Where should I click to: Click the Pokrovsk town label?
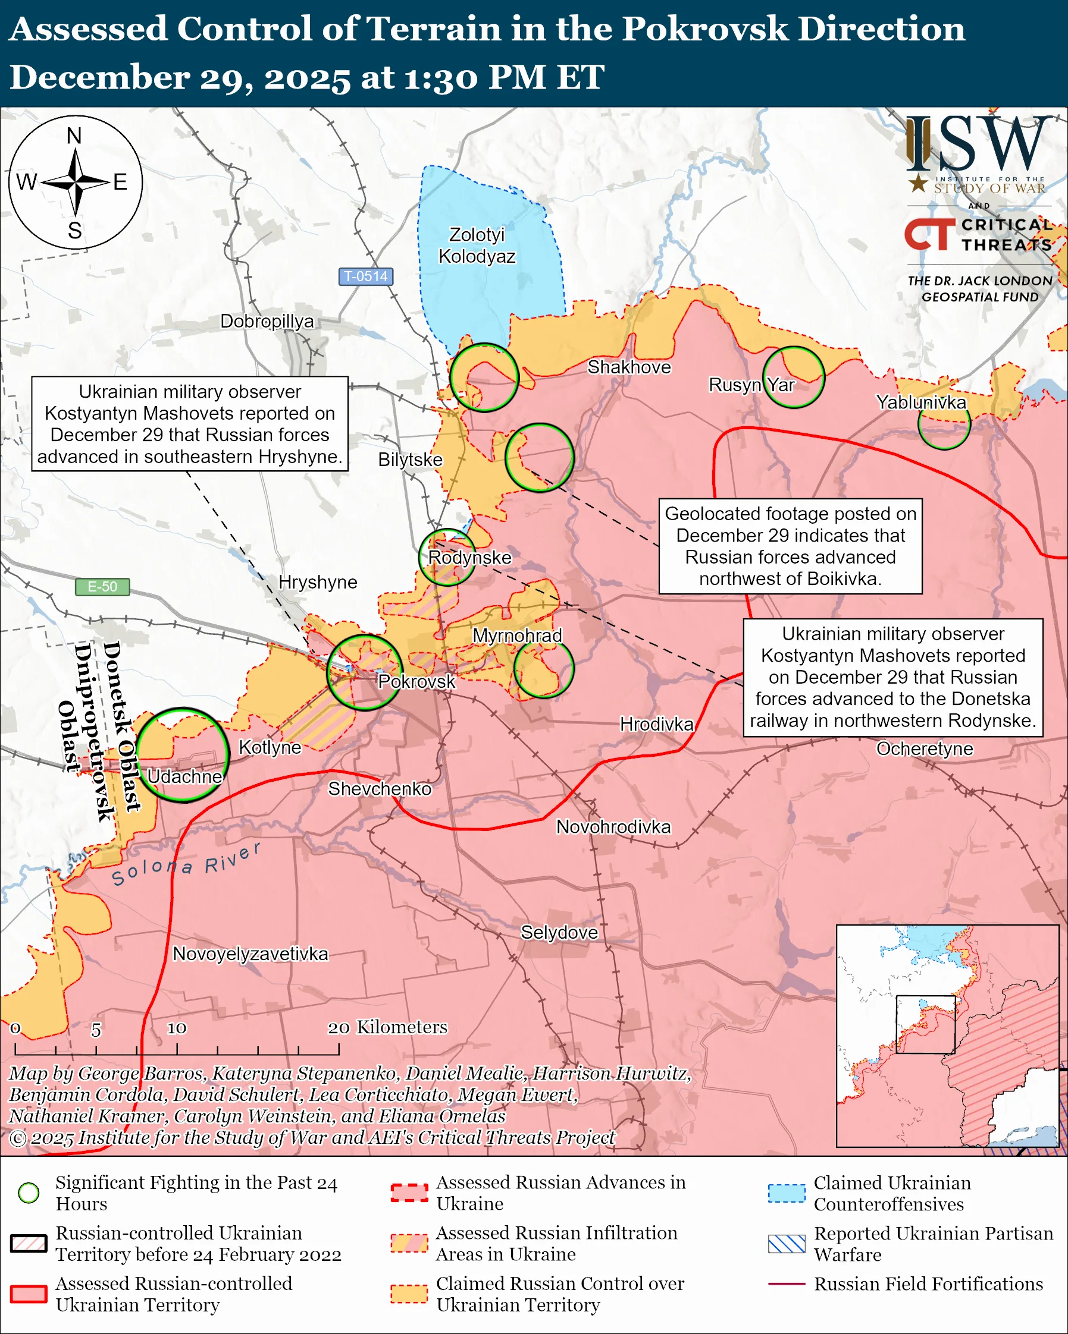click(x=416, y=681)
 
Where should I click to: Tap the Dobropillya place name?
click(x=267, y=321)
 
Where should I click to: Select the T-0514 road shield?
click(x=365, y=276)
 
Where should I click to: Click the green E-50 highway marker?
click(x=102, y=586)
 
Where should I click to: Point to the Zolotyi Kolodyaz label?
click(x=477, y=245)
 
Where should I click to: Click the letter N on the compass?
click(x=74, y=136)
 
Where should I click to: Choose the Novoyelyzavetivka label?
click(x=250, y=954)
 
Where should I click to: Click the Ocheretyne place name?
click(x=925, y=748)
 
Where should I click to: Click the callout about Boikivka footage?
click(x=790, y=546)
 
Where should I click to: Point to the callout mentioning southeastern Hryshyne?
click(x=189, y=424)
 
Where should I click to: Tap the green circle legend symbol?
click(x=29, y=1193)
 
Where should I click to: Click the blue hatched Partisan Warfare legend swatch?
click(x=787, y=1244)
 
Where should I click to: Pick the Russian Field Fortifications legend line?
click(x=787, y=1284)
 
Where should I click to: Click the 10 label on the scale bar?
click(x=177, y=1028)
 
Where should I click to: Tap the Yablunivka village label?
click(x=920, y=402)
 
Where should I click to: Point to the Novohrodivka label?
click(x=613, y=827)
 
